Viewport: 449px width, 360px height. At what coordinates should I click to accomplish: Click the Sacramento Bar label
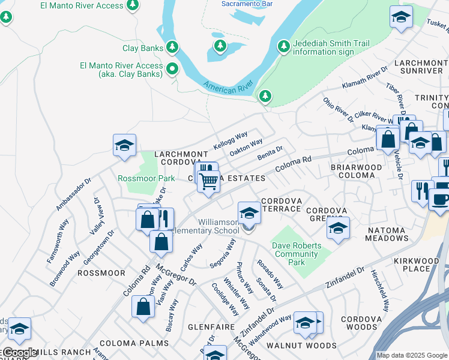tap(247, 4)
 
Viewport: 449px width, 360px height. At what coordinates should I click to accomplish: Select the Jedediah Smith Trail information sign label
tap(331, 47)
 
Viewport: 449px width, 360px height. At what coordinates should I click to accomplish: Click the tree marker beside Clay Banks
tap(172, 47)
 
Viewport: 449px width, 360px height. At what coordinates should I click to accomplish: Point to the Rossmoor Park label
tap(146, 178)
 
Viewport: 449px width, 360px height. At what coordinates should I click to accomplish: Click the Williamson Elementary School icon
tap(249, 212)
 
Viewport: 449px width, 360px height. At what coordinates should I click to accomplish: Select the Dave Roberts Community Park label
tap(297, 254)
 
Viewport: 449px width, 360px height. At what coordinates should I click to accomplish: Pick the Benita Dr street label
tap(270, 149)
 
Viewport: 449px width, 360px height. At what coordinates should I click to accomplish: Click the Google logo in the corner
tap(19, 353)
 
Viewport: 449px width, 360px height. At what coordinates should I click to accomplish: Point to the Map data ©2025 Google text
tap(412, 355)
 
